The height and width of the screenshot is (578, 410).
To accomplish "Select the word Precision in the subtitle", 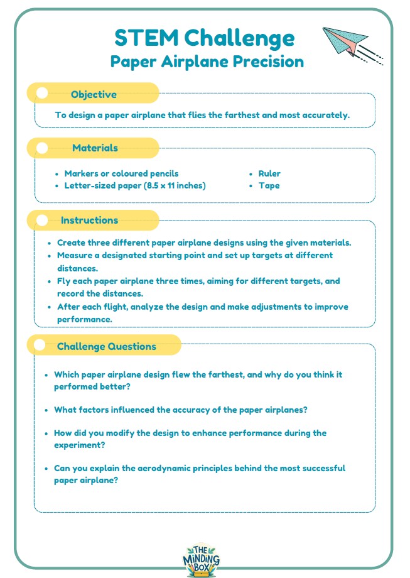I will [268, 62].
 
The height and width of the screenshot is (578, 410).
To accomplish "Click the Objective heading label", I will [94, 94].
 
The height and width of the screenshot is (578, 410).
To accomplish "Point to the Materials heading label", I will [95, 148].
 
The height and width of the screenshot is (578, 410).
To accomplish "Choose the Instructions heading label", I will [89, 220].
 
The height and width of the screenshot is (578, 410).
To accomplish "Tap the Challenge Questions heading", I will [106, 346].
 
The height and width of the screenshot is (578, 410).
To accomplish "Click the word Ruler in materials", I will [269, 173].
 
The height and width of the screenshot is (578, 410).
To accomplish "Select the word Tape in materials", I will [269, 185].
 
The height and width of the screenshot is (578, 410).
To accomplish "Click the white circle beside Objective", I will [42, 94].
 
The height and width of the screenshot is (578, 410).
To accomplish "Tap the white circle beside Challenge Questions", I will [40, 346].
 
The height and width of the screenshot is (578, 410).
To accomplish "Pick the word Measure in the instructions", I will [75, 255].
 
